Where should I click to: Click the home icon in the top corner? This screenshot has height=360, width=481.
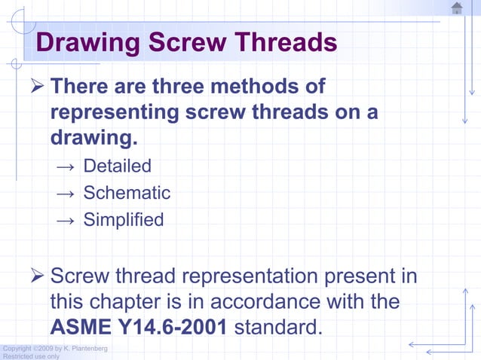(457, 8)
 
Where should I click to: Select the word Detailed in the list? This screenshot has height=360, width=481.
(117, 166)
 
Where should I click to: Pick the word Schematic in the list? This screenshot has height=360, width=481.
(127, 193)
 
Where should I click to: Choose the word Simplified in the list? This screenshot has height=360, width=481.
(123, 220)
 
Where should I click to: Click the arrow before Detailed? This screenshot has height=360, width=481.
(66, 166)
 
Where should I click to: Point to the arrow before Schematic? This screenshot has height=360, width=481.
(66, 194)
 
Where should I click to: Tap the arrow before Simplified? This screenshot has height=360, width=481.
(66, 221)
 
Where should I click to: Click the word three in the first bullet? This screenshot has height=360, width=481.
(180, 87)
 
